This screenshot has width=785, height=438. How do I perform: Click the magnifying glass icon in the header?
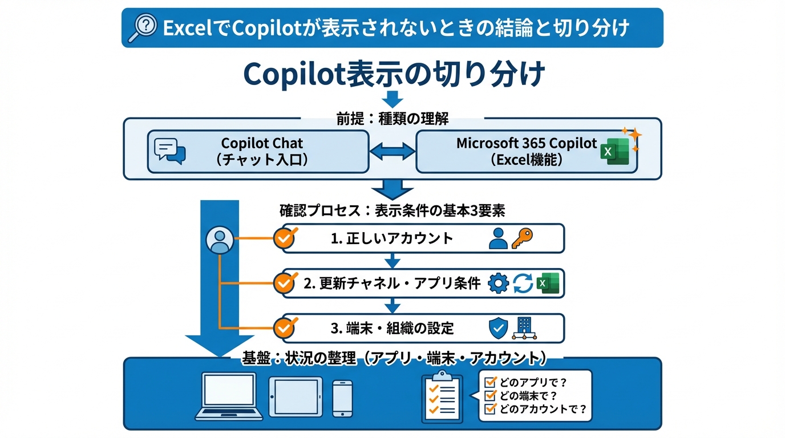tap(143, 27)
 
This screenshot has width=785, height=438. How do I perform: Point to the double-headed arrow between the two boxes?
tap(392, 152)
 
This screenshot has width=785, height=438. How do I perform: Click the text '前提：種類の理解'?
tap(392, 119)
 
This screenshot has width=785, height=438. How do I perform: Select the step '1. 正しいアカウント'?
tap(392, 238)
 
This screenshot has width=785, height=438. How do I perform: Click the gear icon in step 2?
tap(499, 283)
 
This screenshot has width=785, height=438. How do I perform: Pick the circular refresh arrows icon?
tap(523, 283)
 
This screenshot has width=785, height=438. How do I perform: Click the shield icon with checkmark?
tap(499, 328)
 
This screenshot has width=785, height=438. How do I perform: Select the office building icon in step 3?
tap(524, 328)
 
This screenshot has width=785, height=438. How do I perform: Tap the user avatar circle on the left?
tap(220, 240)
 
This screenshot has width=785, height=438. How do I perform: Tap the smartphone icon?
tap(342, 398)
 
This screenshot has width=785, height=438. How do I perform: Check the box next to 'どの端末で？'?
tap(489, 395)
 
